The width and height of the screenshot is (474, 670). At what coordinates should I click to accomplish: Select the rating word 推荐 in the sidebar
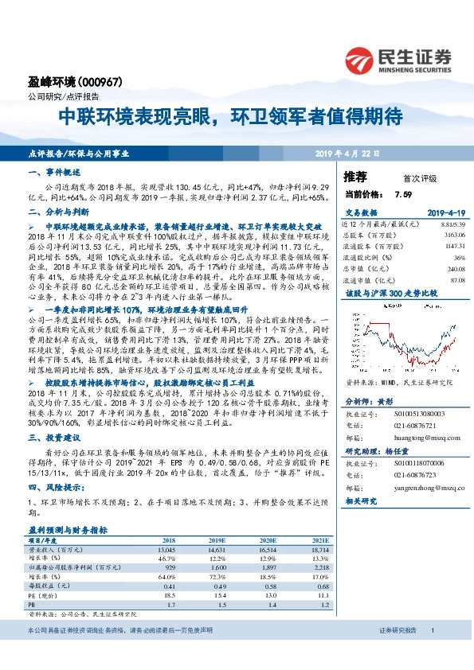point(355,176)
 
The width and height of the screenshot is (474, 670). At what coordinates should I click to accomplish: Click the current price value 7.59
point(402,193)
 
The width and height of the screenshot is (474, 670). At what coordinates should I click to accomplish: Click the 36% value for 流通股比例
point(458,258)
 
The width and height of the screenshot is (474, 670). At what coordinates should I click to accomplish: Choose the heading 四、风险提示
point(53,487)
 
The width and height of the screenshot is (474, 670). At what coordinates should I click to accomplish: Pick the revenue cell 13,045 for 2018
point(166,549)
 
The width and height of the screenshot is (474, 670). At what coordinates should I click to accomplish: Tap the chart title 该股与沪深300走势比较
point(383,293)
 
